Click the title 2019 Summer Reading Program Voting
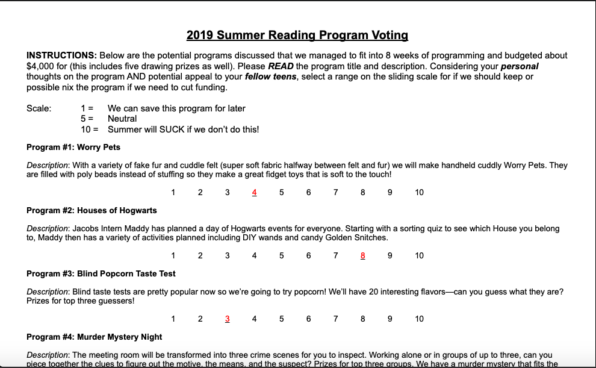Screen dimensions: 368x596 click(297, 35)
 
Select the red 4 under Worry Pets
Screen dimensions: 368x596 click(254, 193)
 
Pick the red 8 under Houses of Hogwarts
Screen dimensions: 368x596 click(362, 256)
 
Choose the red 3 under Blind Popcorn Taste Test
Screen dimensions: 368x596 click(227, 319)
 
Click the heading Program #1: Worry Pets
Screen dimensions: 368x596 click(73, 147)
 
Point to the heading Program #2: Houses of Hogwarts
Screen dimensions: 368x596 click(92, 210)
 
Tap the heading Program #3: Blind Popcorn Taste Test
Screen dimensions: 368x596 click(101, 273)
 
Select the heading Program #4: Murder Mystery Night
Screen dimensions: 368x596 click(95, 337)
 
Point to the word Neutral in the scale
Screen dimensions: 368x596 click(122, 119)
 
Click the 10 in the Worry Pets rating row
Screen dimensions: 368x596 click(419, 193)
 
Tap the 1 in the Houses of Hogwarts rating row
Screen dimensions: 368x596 click(173, 256)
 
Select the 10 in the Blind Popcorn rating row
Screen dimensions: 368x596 click(419, 319)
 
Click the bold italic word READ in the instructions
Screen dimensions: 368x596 click(281, 66)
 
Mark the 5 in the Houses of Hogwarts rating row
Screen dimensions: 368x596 click(281, 256)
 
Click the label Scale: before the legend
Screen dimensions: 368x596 click(39, 108)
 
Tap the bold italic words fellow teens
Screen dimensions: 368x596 click(270, 77)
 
